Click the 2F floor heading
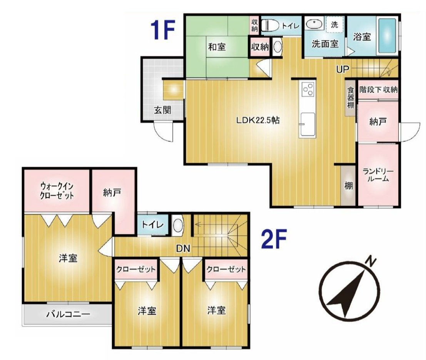pyautogui.click(x=274, y=239)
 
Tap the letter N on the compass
pyautogui.click(x=370, y=261)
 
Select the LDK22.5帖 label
pyautogui.click(x=258, y=120)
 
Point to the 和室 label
pyautogui.click(x=217, y=47)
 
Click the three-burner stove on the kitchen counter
pyautogui.click(x=308, y=89)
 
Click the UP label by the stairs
pyautogui.click(x=342, y=69)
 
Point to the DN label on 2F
pyautogui.click(x=183, y=248)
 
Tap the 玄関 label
pyautogui.click(x=162, y=110)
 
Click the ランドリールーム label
pyautogui.click(x=378, y=175)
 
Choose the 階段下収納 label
pyautogui.click(x=378, y=89)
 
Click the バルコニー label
pyautogui.click(x=68, y=314)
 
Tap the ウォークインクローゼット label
pyautogui.click(x=57, y=191)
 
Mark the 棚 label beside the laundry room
pyautogui.click(x=349, y=186)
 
